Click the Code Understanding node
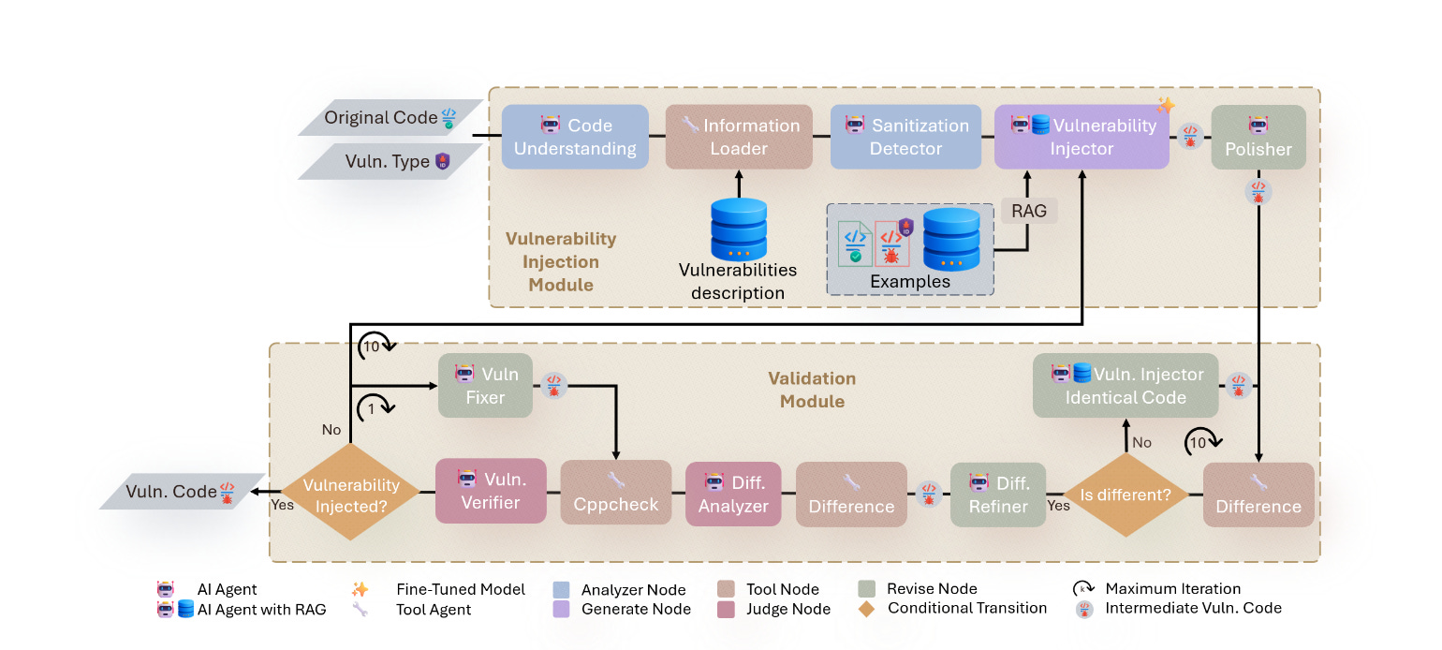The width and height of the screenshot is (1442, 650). (575, 137)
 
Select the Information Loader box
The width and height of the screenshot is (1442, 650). (739, 137)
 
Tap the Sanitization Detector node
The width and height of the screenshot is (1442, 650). (905, 137)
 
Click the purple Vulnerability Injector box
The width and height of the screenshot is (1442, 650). (1081, 137)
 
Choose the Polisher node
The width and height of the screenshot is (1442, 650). (1258, 137)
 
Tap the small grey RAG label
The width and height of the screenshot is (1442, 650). (1028, 211)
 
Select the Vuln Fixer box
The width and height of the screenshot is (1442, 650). (485, 385)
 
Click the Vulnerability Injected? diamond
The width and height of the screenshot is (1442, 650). (351, 495)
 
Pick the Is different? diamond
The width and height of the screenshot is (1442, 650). (1126, 495)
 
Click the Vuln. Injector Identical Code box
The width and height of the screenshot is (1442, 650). (1126, 385)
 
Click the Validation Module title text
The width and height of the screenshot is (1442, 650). (812, 390)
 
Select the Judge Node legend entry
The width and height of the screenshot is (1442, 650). (786, 609)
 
